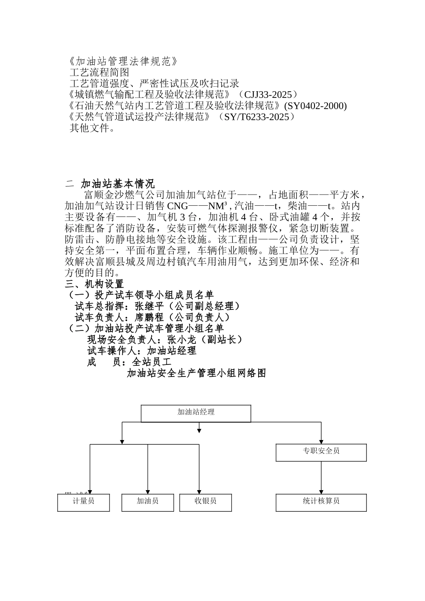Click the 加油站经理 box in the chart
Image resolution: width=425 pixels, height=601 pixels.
[196, 413]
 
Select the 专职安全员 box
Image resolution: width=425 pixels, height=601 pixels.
[321, 452]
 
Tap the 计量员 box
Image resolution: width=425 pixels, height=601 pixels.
[84, 502]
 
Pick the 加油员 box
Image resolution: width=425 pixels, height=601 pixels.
[148, 502]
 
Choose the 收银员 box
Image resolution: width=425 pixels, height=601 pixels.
[205, 502]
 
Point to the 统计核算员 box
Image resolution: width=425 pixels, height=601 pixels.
[321, 502]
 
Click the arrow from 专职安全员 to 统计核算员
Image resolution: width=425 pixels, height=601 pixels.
[321, 478]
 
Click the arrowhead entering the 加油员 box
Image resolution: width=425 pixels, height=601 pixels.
[148, 491]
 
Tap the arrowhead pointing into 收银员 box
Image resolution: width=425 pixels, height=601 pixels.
[199, 491]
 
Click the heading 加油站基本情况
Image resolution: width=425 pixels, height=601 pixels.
[118, 184]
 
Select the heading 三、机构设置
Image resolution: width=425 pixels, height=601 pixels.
[94, 284]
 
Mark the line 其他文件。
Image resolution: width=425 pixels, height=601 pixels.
[93, 128]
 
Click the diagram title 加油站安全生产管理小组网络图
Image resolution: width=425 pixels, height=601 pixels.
[196, 373]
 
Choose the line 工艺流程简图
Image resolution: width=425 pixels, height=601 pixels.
[99, 72]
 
